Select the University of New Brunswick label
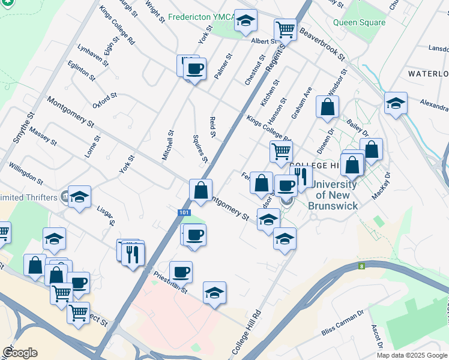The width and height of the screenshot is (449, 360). click(333, 195)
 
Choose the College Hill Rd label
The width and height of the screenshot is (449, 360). click(247, 331)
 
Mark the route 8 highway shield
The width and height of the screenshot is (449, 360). click(361, 266)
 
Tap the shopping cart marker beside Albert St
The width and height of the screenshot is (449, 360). click(285, 29)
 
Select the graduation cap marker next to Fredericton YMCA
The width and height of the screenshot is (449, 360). click(245, 20)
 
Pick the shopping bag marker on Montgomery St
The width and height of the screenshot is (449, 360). click(201, 190)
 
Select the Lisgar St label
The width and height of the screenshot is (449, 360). click(106, 214)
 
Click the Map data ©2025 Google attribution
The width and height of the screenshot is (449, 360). click(412, 355)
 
